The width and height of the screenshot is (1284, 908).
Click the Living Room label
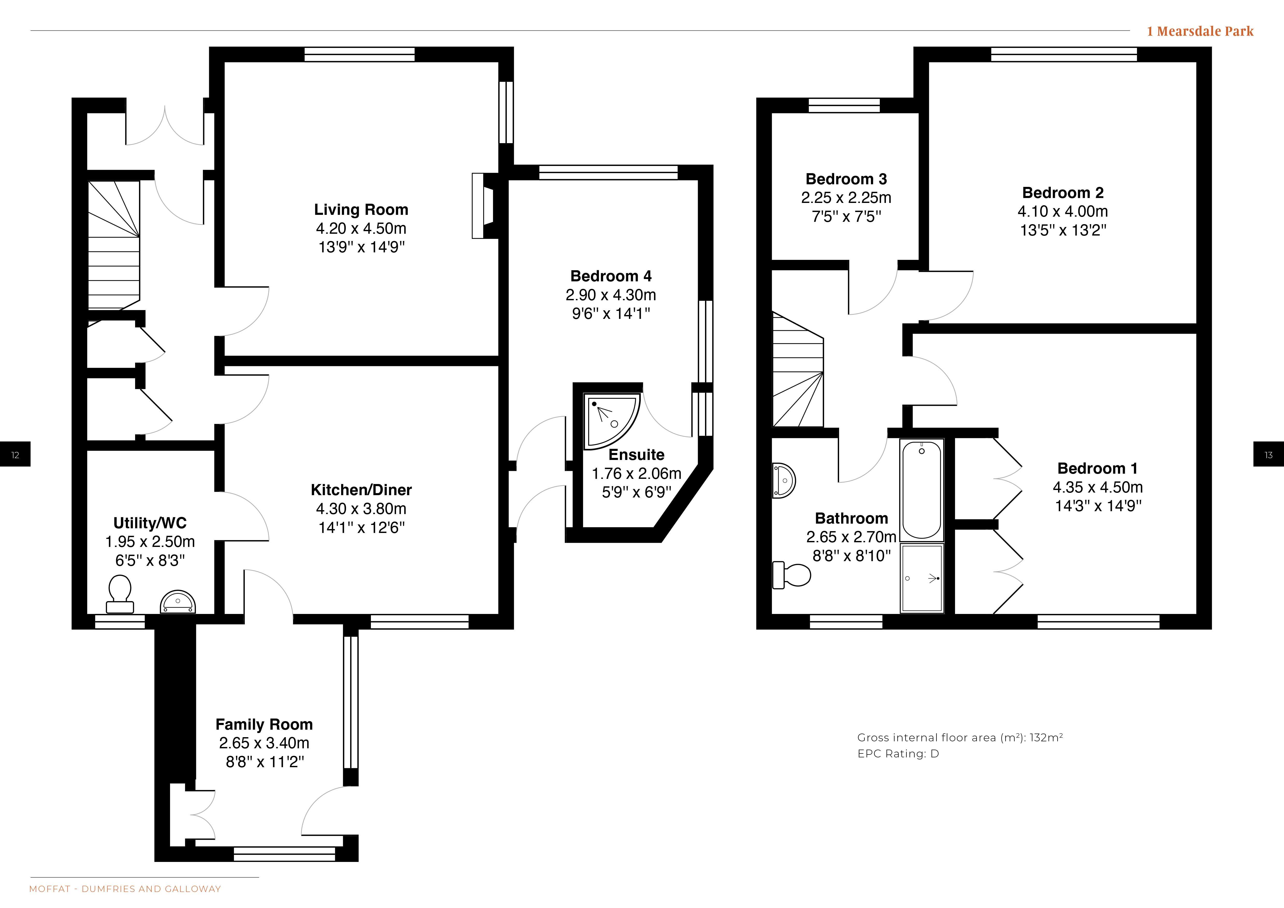(x=361, y=210)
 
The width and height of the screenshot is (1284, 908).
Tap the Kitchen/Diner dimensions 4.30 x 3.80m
(x=361, y=509)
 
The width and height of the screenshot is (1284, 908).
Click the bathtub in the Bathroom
(x=922, y=490)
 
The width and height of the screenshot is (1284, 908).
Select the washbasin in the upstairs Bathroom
(x=783, y=480)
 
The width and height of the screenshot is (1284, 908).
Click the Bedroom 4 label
(x=611, y=276)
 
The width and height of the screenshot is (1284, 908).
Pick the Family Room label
(x=264, y=724)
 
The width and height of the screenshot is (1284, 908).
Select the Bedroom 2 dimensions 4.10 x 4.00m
(x=1062, y=211)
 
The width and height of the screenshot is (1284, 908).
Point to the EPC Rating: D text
(x=898, y=754)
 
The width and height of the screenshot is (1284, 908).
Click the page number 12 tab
(x=15, y=454)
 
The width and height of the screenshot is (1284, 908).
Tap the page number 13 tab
(x=1268, y=454)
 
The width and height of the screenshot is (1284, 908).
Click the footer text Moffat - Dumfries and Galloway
(x=125, y=889)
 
